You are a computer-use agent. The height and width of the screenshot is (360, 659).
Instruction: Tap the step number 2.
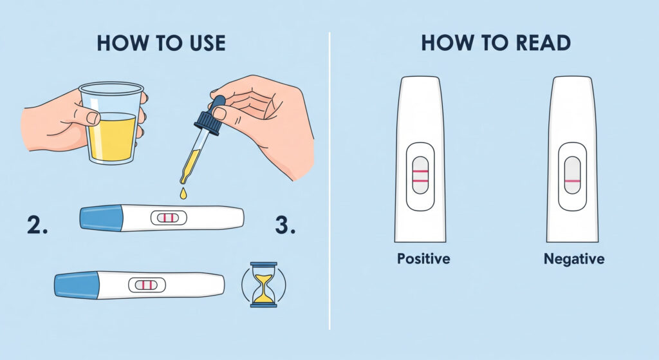point(37,225)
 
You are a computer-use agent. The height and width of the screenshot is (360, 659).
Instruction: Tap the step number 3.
point(285,225)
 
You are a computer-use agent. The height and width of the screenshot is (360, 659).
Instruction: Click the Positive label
point(423,258)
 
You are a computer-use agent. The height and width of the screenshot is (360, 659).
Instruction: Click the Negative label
point(574,259)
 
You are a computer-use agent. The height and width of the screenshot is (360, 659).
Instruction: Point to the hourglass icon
point(264,284)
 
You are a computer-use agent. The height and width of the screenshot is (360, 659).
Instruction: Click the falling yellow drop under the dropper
point(183,193)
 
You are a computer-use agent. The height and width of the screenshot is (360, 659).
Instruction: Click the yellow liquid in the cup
point(112,137)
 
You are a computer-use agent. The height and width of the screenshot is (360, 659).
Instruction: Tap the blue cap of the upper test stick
point(101,218)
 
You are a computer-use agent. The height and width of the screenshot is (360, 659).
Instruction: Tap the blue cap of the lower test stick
point(76,285)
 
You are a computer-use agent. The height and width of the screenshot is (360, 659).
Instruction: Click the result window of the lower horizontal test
point(147,285)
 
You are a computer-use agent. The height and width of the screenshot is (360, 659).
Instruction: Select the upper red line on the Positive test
point(420,171)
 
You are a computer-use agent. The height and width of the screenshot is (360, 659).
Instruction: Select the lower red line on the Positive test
point(420,181)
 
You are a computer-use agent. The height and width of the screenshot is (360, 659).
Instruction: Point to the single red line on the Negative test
point(572,181)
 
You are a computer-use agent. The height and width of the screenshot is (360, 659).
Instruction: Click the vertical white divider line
point(329,181)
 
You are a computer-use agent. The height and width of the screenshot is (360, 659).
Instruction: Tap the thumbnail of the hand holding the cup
point(93,118)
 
